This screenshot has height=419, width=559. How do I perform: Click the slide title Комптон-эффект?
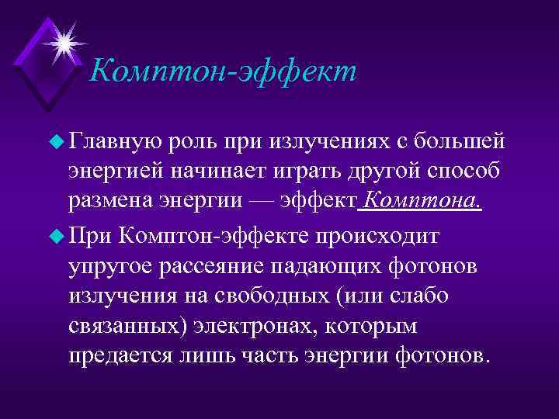pyautogui.click(x=223, y=72)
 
